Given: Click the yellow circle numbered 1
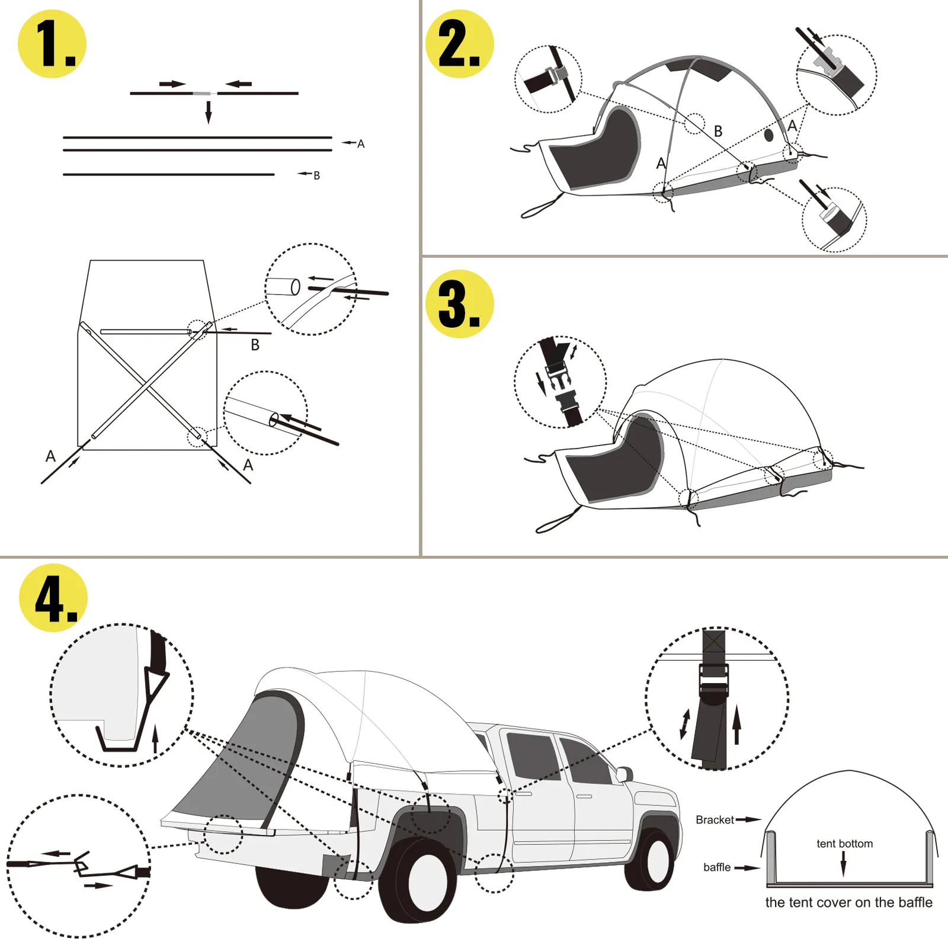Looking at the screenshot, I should (x=52, y=44).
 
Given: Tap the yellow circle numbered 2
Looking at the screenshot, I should (x=460, y=44).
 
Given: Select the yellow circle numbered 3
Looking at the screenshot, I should (x=460, y=304).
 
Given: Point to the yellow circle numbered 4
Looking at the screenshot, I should (x=53, y=598).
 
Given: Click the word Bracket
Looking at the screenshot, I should (x=715, y=820).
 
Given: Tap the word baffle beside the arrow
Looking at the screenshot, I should (x=717, y=867).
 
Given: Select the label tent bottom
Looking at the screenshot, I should (x=844, y=844).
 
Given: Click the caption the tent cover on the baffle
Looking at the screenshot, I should (x=848, y=902).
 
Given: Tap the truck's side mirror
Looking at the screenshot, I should (x=625, y=774).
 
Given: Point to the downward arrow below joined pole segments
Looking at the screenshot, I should (x=209, y=111).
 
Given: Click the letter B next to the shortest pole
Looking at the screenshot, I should (x=316, y=175).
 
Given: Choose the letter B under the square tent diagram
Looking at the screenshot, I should (x=255, y=345).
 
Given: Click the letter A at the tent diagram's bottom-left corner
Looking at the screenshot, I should (x=50, y=456).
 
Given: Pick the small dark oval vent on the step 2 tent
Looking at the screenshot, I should (x=769, y=135).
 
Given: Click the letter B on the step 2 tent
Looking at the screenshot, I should (x=718, y=132).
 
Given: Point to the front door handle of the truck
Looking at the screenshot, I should (x=584, y=796).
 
